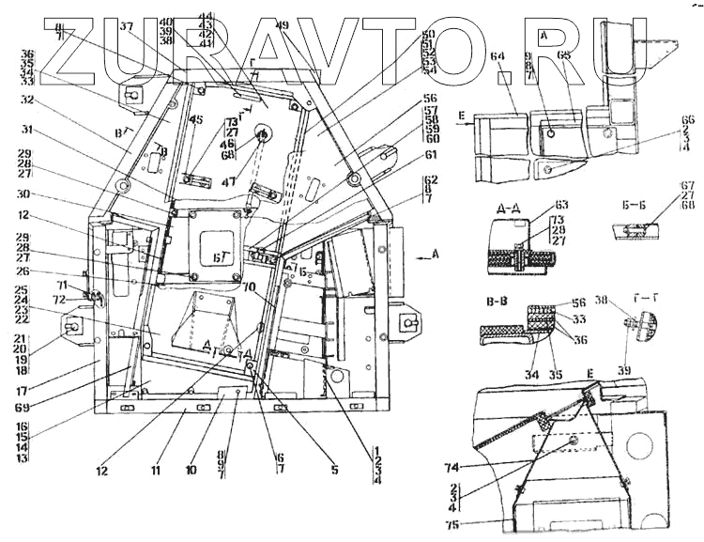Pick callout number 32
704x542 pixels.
(x=26, y=98)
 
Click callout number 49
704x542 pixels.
(x=283, y=25)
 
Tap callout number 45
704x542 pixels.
(x=195, y=119)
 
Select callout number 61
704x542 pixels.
(x=431, y=155)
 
